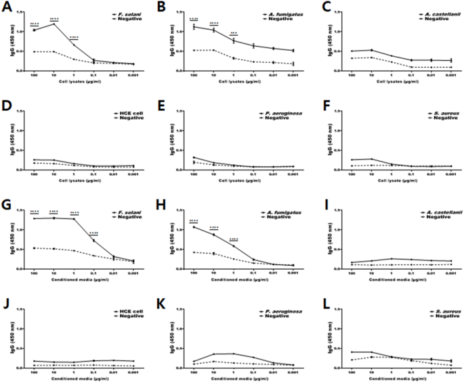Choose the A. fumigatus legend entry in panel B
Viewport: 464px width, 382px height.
point(279,13)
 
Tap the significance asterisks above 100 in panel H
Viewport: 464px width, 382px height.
point(193,221)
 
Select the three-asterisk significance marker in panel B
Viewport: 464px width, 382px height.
point(234,32)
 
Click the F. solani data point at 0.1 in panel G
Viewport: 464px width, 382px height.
point(93,241)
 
